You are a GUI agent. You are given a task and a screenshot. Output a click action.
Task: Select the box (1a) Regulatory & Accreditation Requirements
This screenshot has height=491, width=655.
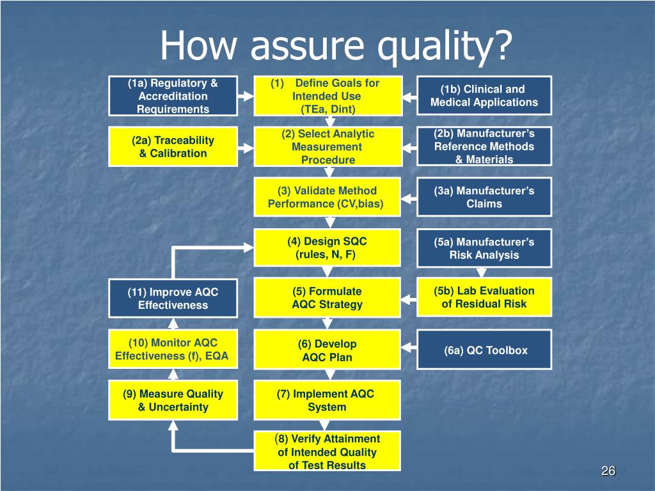pos(173,96)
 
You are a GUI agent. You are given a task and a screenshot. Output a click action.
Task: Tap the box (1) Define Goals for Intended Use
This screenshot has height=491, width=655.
pos(327,96)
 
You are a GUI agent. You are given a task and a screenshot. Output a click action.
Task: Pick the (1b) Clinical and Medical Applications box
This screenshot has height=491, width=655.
pos(484,96)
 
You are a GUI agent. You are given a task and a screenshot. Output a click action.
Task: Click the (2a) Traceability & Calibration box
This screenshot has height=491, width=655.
pos(173,147)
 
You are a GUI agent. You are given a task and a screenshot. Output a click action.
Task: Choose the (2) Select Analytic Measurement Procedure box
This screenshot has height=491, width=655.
pos(327,147)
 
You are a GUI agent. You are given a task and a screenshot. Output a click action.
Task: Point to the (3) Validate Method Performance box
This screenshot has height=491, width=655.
pos(327,197)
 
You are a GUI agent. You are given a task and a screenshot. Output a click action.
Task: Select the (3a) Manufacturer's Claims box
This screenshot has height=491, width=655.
pos(484,197)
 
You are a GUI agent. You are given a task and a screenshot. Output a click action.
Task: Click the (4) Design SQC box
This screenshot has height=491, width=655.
pos(327,248)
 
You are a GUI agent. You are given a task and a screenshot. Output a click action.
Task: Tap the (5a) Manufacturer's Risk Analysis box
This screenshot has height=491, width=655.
pos(484,248)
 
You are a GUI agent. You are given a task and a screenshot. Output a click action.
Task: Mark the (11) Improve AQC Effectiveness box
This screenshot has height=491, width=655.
pos(173,299)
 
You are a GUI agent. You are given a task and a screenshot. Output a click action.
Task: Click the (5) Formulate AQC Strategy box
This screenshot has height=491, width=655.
pos(327,299)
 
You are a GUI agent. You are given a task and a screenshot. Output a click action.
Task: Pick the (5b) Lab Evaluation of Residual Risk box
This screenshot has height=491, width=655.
pos(484,297)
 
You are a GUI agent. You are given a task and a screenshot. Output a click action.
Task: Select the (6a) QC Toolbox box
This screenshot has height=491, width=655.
pos(484,350)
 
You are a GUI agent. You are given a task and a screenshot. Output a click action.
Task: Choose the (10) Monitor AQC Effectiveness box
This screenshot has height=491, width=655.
pos(173,350)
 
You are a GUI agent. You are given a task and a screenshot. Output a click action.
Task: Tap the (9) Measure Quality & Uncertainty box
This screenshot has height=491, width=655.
pos(173,400)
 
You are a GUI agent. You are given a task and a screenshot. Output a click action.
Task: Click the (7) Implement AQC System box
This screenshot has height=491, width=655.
pos(327,400)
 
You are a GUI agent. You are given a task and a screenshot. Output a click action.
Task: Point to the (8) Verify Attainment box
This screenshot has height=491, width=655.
pos(327,451)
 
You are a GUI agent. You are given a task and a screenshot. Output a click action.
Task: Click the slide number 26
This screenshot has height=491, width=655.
pos(608,471)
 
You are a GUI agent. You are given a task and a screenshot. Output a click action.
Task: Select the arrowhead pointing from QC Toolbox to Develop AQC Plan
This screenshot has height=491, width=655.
pos(407,350)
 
